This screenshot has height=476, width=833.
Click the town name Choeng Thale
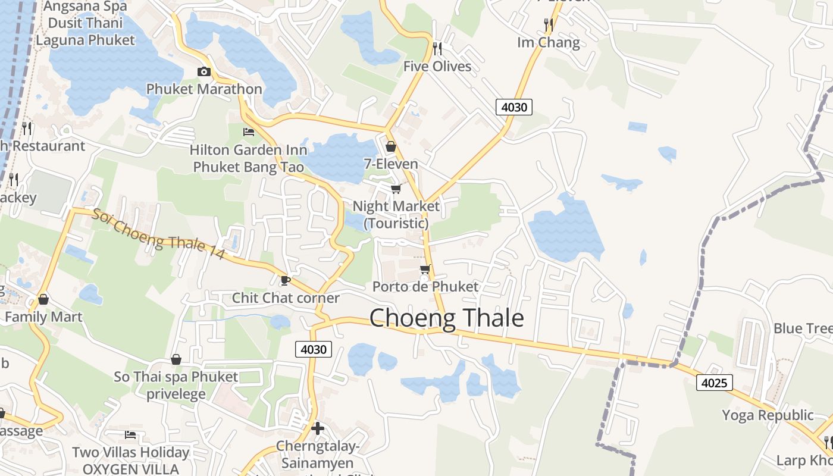point(446,318)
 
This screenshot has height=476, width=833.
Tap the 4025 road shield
point(714,383)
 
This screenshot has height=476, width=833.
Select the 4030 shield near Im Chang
point(513,107)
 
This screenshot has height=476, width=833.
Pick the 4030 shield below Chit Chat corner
point(314,349)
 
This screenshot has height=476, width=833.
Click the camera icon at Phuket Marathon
point(203,72)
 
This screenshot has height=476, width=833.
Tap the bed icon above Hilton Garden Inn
point(249,131)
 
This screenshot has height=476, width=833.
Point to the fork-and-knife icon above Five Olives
point(437,48)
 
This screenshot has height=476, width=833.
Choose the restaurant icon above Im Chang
point(549,24)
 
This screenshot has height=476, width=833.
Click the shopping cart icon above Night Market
point(396,189)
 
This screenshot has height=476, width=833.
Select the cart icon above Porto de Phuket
point(425,269)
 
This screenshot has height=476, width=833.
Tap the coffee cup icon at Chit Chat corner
point(285,280)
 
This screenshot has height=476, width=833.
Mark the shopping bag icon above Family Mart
point(43,299)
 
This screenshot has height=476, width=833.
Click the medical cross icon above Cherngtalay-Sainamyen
point(318,428)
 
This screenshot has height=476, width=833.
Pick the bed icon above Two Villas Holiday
point(130,435)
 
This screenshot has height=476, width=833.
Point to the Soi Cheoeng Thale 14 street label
point(158,233)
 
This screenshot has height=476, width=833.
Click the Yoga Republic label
point(768,415)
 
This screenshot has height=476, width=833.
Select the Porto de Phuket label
point(425,287)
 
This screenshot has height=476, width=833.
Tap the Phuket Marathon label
point(204,89)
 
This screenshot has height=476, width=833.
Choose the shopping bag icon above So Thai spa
point(176,359)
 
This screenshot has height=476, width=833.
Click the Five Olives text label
point(437,66)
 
